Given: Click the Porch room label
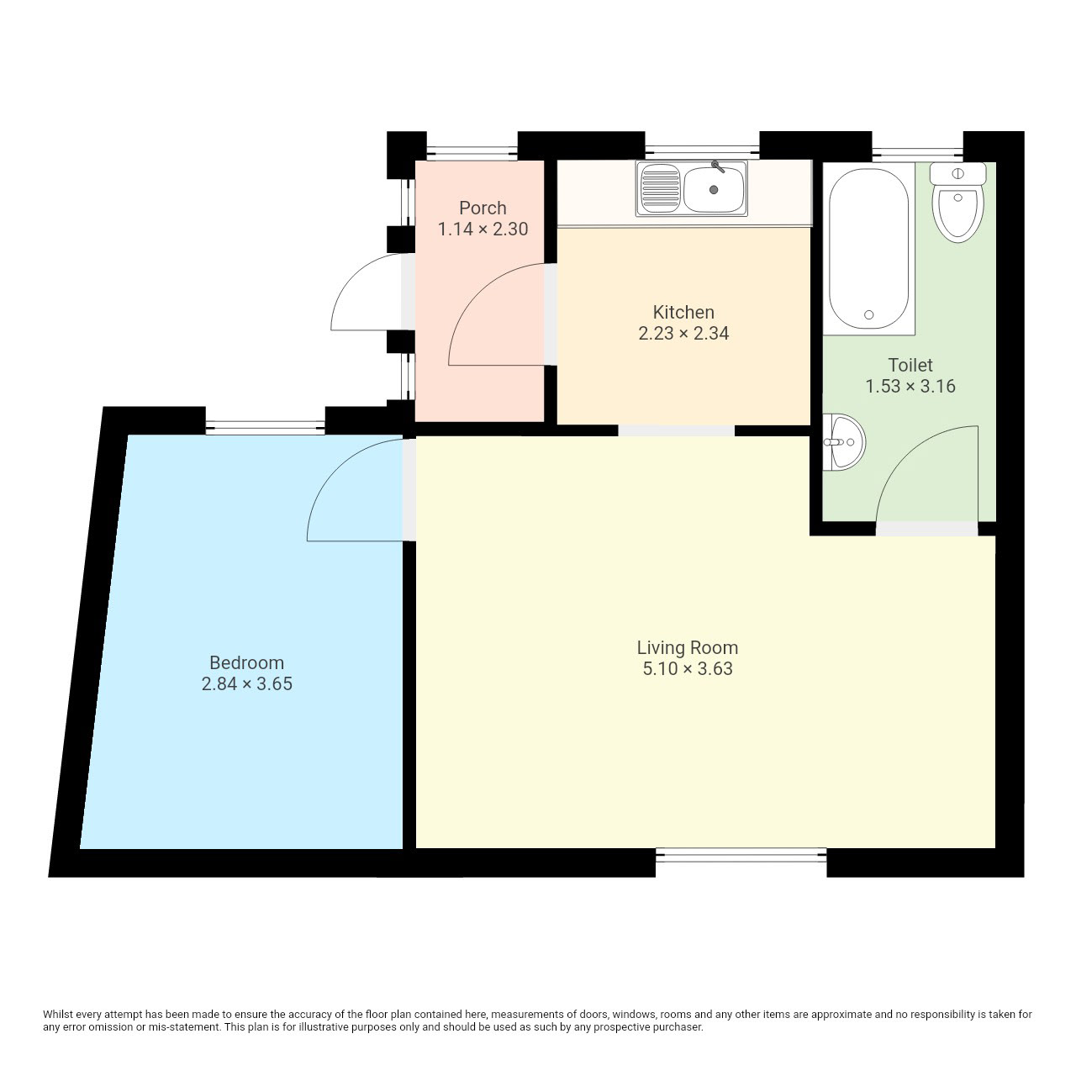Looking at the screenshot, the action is click(x=483, y=208).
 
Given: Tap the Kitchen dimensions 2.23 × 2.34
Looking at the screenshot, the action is click(x=683, y=334).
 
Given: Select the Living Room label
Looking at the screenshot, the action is click(x=688, y=647).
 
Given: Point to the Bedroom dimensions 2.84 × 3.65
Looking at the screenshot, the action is click(x=247, y=683).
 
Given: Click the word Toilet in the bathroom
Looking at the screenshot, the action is click(x=910, y=365).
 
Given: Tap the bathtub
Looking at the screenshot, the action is click(x=868, y=249).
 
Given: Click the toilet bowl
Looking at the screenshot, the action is click(x=958, y=214).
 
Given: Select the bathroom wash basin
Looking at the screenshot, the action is click(x=844, y=442).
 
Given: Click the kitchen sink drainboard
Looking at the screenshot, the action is click(x=661, y=189).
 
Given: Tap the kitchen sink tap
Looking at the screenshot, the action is click(x=718, y=166).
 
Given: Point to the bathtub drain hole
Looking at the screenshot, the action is click(x=869, y=315).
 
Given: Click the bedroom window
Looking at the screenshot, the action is click(x=266, y=428).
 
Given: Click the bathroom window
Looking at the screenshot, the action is click(x=917, y=151).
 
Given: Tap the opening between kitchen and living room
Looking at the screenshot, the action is click(x=676, y=430).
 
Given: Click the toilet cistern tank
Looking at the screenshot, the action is click(x=958, y=174).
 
